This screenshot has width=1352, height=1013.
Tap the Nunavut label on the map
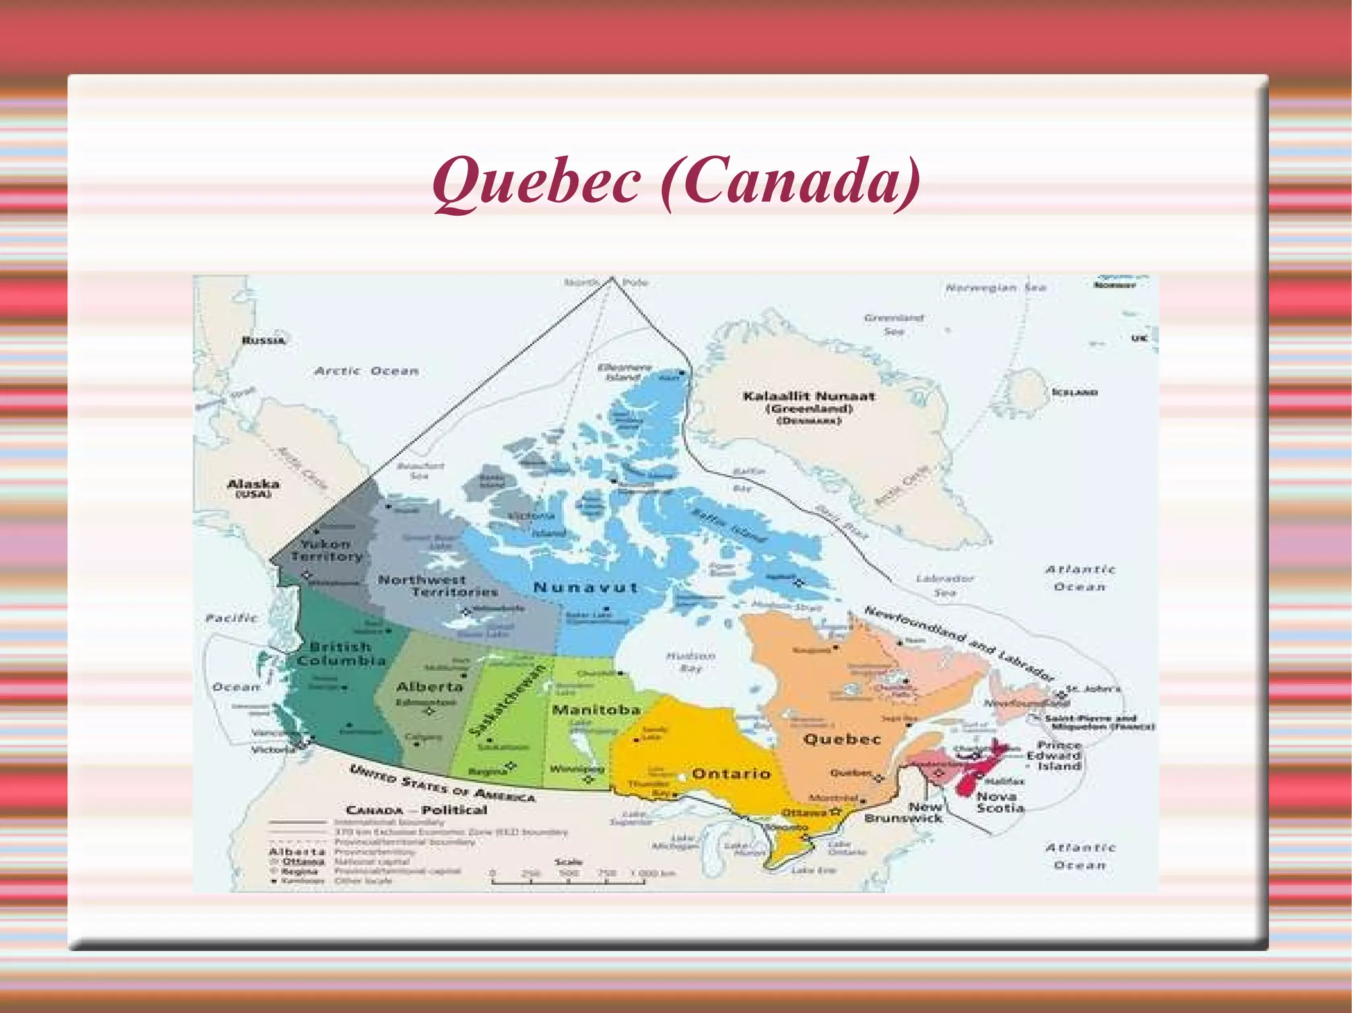pos(585,587)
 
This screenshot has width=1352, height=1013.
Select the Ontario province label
pos(731,773)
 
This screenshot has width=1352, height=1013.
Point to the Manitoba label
pos(596,709)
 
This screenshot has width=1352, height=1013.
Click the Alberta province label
pos(429,687)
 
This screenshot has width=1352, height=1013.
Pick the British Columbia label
pos(341,653)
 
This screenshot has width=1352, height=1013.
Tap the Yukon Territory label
pos(326,550)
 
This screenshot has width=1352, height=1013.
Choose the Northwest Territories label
pos(438,585)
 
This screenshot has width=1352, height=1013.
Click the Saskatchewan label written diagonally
pos(508,700)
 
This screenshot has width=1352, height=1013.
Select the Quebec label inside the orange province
pos(842,739)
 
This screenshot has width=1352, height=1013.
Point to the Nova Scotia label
pos(1000,802)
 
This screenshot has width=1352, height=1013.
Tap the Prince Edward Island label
pos(1054,756)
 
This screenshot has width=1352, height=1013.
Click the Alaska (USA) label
pos(253,488)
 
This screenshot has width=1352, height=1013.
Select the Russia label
pos(263,341)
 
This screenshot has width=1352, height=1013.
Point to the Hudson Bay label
pos(691,662)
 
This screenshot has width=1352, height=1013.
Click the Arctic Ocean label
pos(366,371)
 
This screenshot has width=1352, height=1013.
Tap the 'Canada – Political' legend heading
pos(416,810)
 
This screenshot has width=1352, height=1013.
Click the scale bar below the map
pos(568,880)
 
